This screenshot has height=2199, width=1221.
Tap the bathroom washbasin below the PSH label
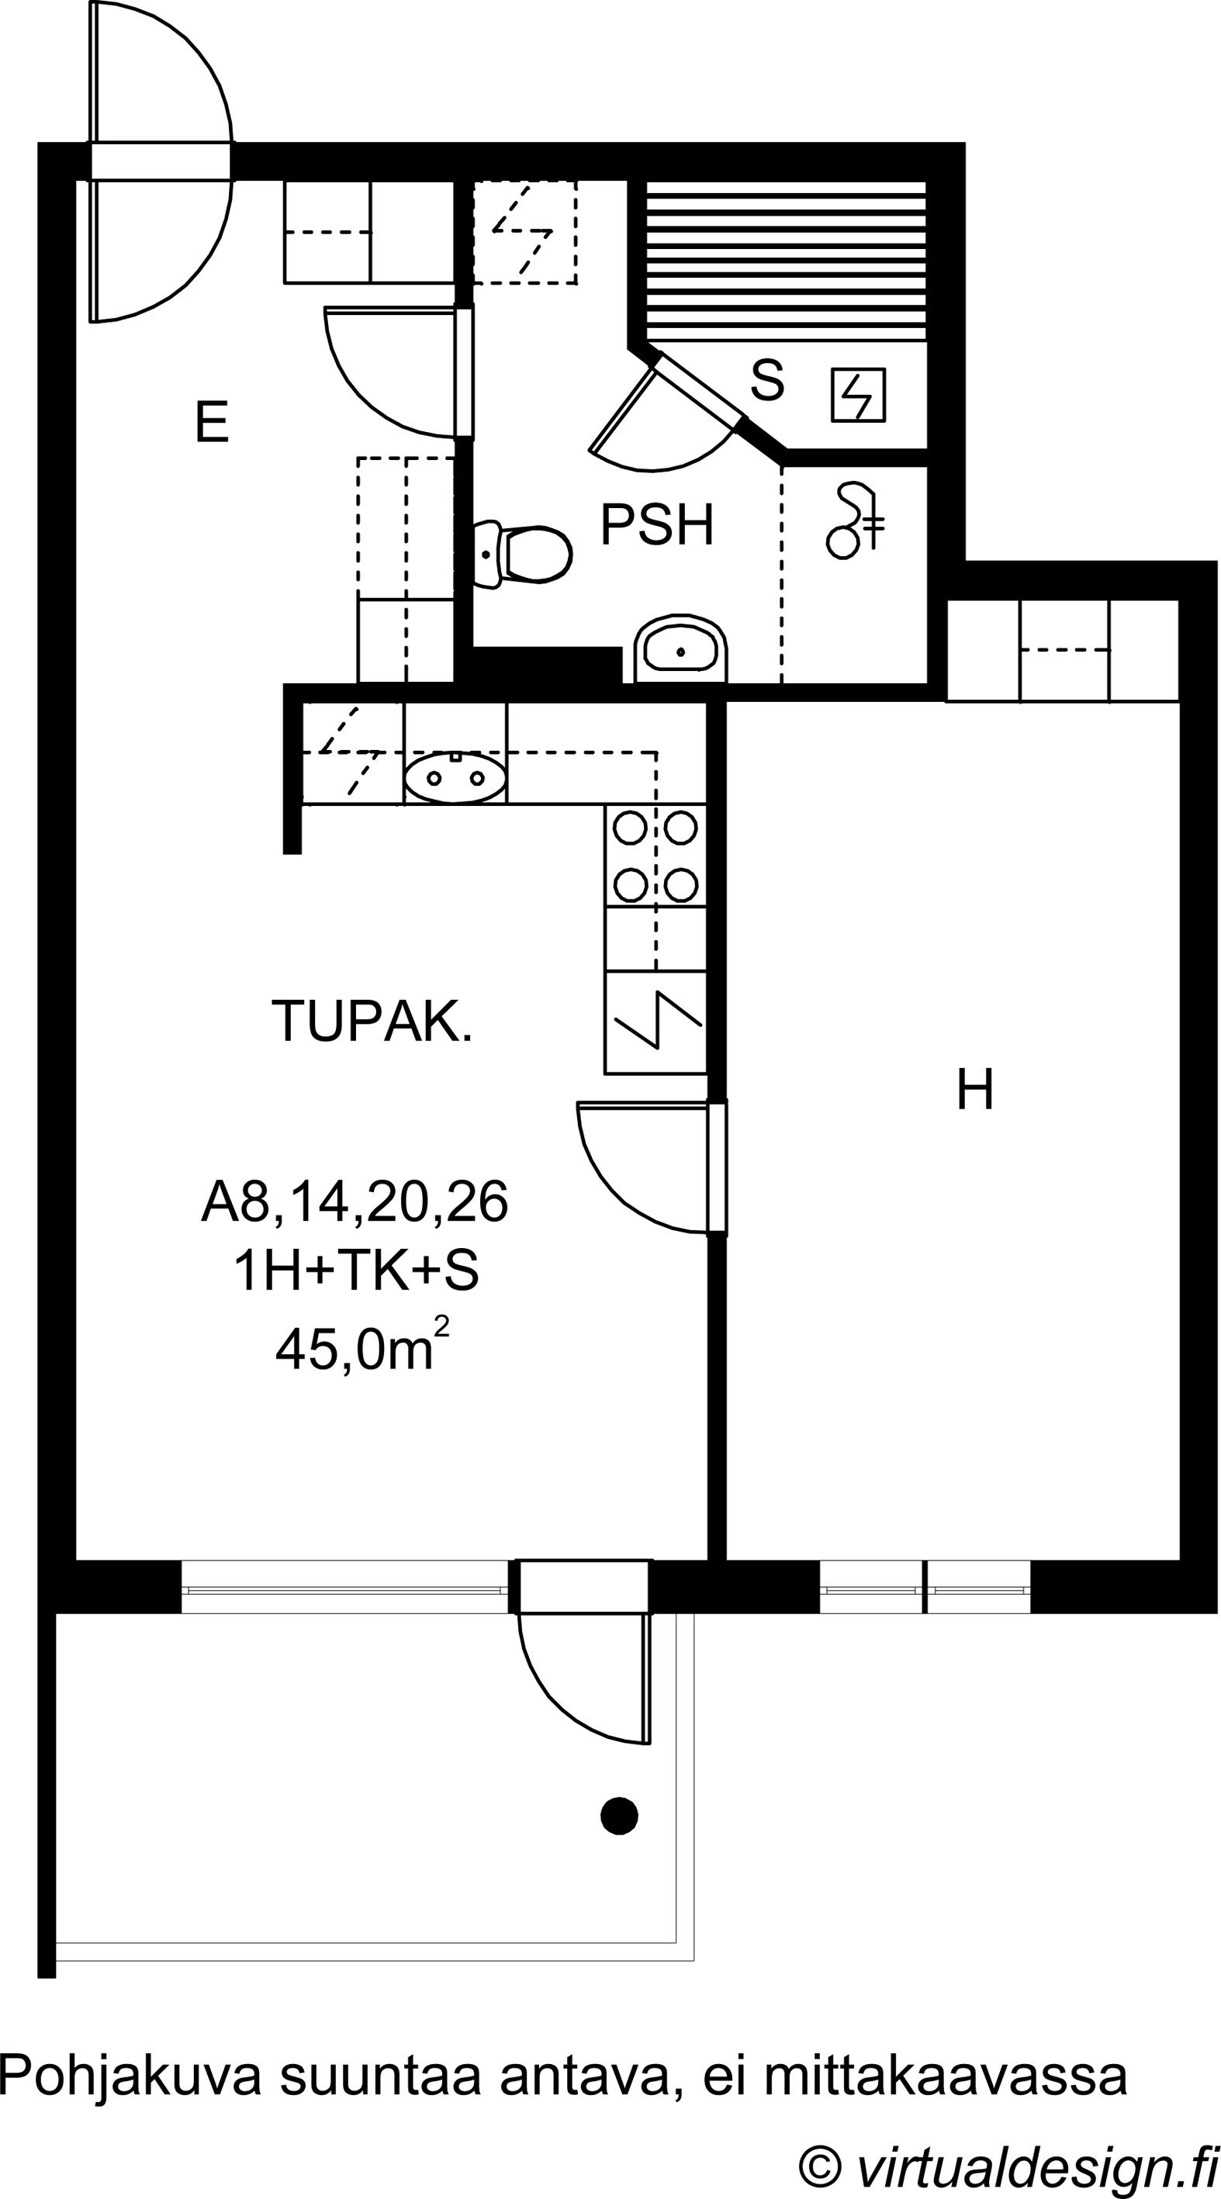tap(680, 650)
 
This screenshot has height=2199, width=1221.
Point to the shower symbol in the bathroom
tap(856, 520)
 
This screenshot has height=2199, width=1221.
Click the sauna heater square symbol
tap(859, 394)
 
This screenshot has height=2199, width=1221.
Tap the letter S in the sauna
tap(766, 381)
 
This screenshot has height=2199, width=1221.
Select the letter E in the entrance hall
tap(212, 422)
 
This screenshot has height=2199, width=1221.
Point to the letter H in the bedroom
tap(975, 1089)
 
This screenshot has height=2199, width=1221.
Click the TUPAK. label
tap(372, 1020)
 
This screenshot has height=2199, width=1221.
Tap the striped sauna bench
tap(786, 262)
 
